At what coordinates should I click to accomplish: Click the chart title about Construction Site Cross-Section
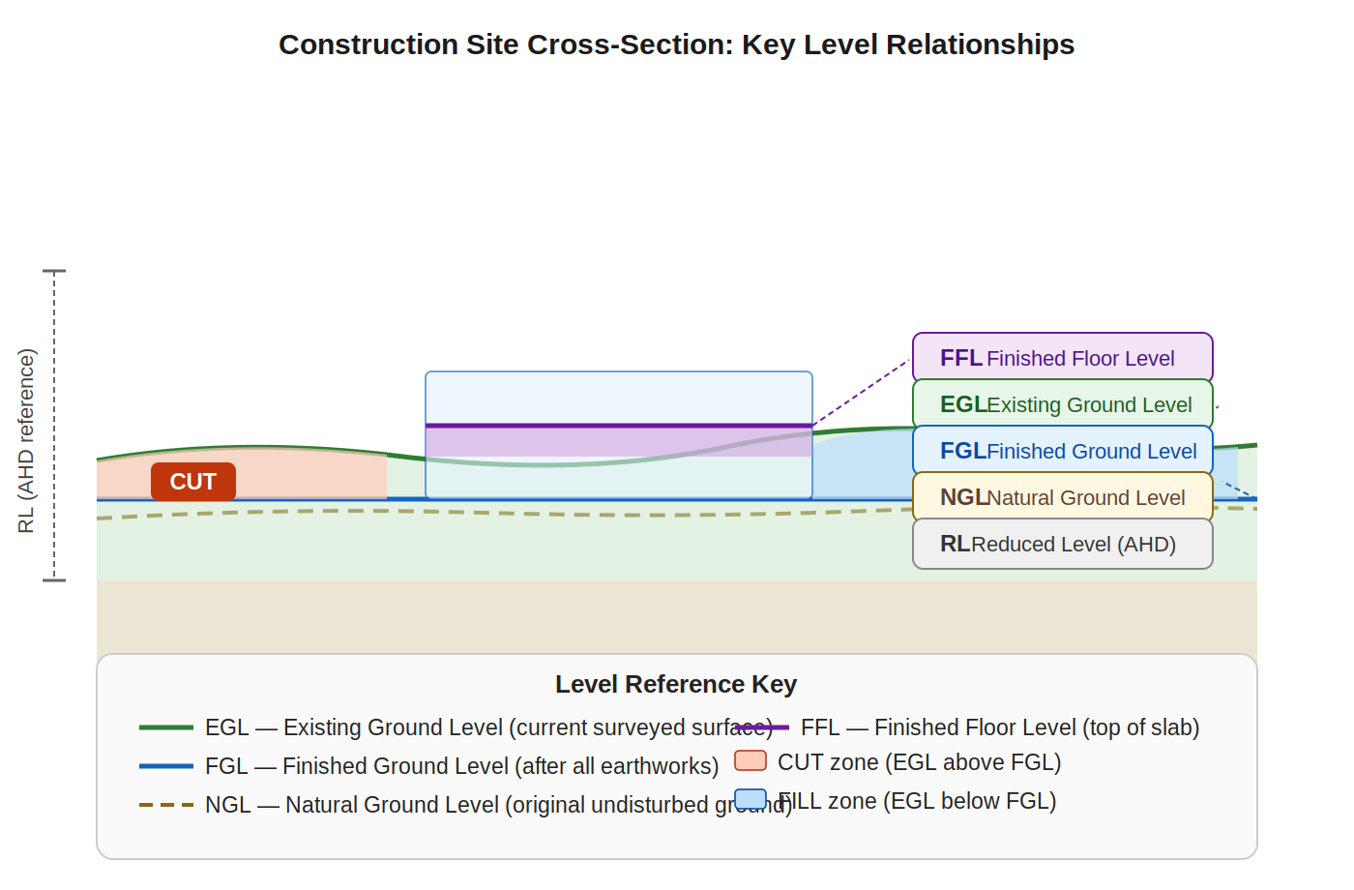point(676,44)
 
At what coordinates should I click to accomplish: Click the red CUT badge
point(193,482)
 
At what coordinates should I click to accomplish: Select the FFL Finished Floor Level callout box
point(1062,358)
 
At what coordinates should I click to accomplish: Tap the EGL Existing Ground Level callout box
point(1062,404)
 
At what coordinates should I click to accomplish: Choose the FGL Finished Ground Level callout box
point(1062,451)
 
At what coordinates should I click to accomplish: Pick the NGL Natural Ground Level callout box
point(1062,497)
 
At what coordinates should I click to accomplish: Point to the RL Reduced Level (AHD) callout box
point(1062,544)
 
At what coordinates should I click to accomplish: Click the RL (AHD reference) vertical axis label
point(26,441)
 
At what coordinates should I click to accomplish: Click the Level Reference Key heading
point(676,684)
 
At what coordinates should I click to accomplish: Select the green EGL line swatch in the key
point(166,727)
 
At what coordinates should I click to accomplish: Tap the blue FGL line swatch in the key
point(166,766)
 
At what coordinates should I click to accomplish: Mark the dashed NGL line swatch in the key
point(166,805)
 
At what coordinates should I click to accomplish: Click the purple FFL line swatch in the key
point(762,727)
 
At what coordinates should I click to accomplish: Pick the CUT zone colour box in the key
point(751,761)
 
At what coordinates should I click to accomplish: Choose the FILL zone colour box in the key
point(751,800)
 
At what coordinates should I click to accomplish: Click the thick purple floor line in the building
point(619,426)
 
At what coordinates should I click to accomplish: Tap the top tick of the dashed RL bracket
point(54,271)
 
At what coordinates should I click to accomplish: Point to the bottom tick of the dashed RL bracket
point(54,580)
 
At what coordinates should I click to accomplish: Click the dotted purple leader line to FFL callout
point(861,393)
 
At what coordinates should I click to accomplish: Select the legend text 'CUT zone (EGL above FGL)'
point(919,762)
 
